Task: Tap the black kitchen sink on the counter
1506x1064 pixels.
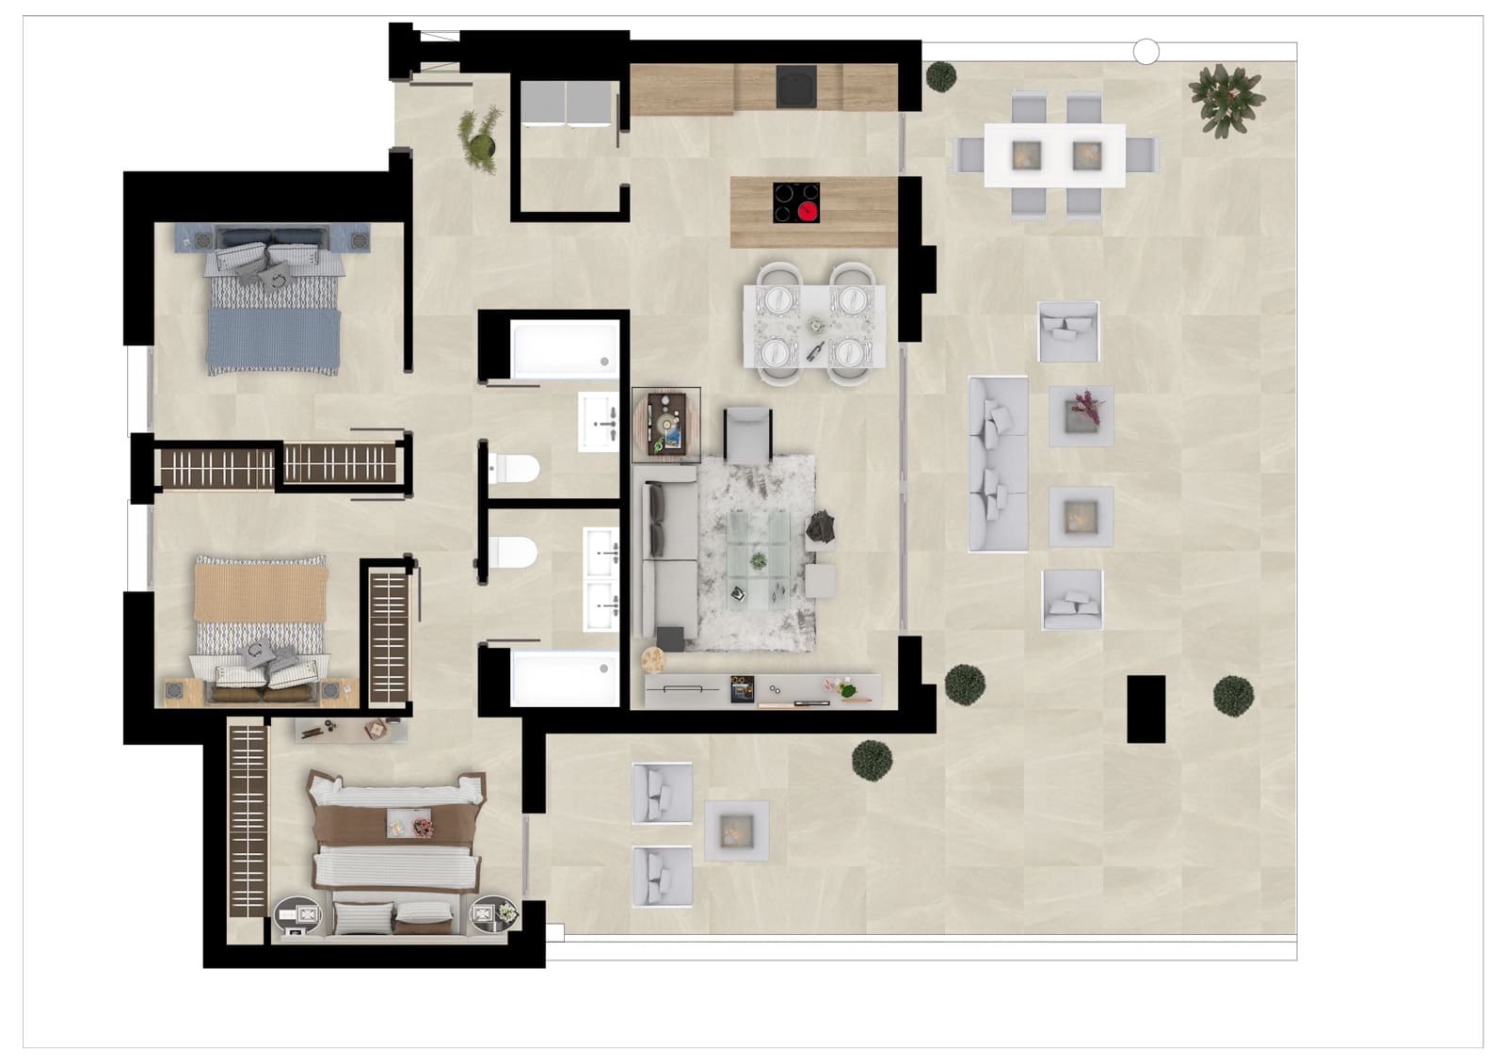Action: coord(796,88)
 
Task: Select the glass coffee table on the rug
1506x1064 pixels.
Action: coord(759,559)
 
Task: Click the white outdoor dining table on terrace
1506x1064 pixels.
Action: coord(1055,155)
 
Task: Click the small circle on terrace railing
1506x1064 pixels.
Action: coord(1146,53)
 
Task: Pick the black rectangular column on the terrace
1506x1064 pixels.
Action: coord(1146,709)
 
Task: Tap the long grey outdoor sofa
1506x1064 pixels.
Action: coord(998,463)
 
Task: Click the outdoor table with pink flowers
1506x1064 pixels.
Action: coord(1081,415)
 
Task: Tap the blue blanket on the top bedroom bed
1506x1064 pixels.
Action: coord(273,340)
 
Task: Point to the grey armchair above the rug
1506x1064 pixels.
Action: coord(747,434)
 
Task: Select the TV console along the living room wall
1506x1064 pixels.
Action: coord(762,689)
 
